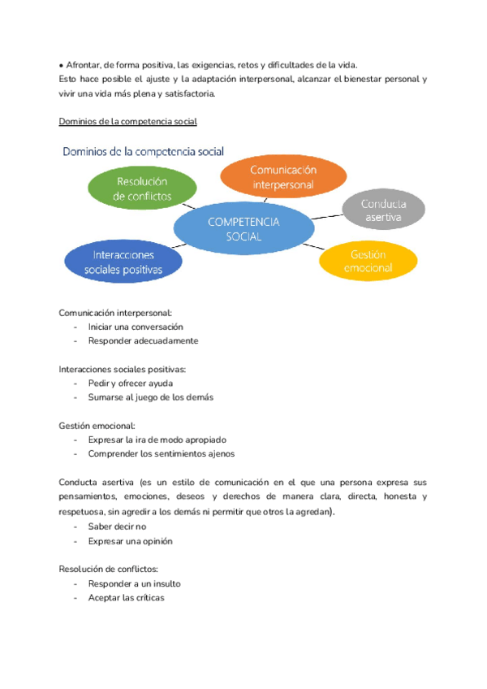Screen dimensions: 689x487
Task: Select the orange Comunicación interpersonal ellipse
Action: pos(283,176)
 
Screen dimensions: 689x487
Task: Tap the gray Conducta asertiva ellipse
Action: pos(384,210)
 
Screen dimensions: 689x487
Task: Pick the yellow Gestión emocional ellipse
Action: pos(368,261)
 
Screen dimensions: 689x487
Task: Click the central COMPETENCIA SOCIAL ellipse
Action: pos(243,228)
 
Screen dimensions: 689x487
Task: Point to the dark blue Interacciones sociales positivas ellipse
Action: pos(123,262)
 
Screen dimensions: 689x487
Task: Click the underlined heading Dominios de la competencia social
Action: pos(128,122)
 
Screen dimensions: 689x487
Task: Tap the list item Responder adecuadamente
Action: pos(143,341)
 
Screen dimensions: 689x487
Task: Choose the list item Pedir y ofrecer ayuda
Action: pos(130,383)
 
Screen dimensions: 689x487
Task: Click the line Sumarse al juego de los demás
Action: pos(150,397)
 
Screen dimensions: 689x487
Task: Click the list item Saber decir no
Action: pos(117,526)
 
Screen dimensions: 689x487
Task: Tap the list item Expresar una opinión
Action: pos(130,541)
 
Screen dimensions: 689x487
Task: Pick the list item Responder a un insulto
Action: pos(134,583)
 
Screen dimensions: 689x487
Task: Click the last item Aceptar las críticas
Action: pos(126,598)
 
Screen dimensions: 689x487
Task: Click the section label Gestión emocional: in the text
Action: pos(97,425)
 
